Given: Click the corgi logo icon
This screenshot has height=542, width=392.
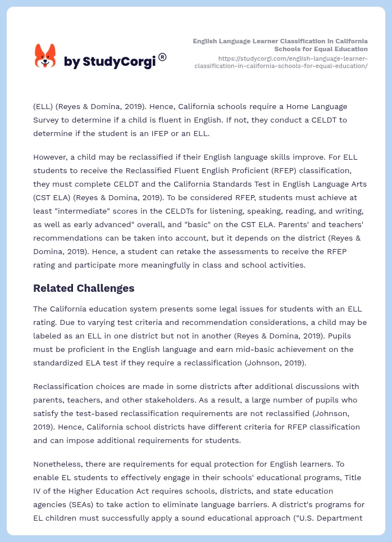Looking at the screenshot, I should click(x=45, y=56).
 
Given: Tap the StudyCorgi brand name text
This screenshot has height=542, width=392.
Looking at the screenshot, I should click(x=110, y=62).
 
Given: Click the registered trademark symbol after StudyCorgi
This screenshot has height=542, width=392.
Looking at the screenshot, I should click(x=162, y=57).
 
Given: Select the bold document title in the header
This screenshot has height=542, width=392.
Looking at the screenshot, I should click(x=280, y=45).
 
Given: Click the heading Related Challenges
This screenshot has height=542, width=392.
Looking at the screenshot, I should click(x=84, y=288).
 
